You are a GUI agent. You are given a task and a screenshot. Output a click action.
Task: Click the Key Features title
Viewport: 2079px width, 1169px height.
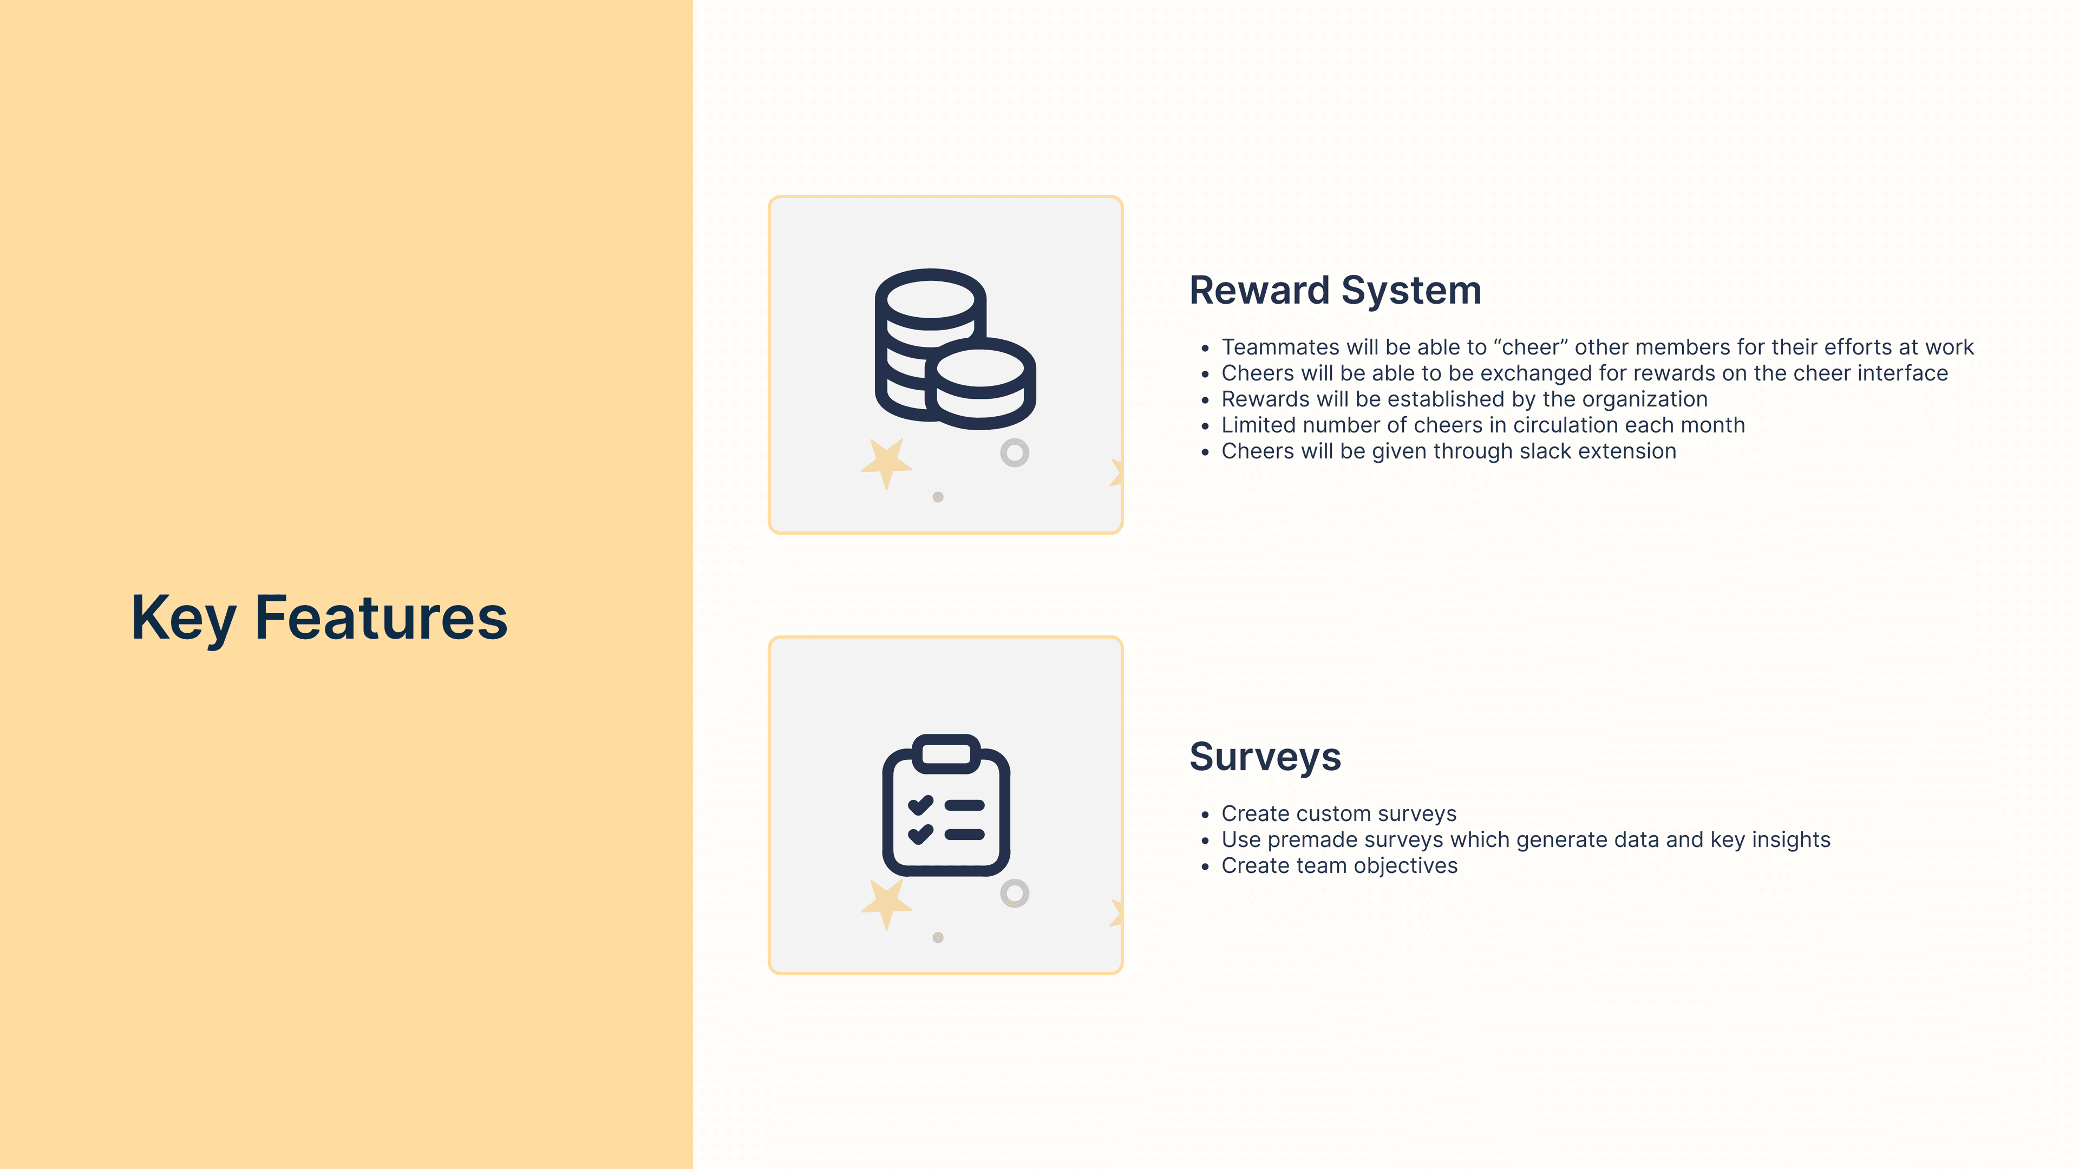click(319, 618)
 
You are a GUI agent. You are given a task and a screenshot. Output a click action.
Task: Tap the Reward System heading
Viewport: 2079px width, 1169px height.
click(1335, 291)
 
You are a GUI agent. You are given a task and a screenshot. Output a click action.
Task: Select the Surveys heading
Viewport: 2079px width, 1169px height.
click(1265, 757)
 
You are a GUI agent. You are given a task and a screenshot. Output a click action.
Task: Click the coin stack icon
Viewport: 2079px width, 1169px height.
click(954, 349)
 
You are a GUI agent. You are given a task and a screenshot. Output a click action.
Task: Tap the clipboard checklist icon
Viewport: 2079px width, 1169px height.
click(946, 805)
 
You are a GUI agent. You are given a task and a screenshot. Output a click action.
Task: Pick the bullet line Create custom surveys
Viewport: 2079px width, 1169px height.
click(1338, 813)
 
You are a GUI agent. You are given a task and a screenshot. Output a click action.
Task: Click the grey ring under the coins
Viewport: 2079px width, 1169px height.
click(1015, 452)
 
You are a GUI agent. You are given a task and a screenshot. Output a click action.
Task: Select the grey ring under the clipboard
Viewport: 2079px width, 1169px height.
click(1015, 893)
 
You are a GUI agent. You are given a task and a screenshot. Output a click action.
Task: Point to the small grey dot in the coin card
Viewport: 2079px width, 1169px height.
click(938, 497)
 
